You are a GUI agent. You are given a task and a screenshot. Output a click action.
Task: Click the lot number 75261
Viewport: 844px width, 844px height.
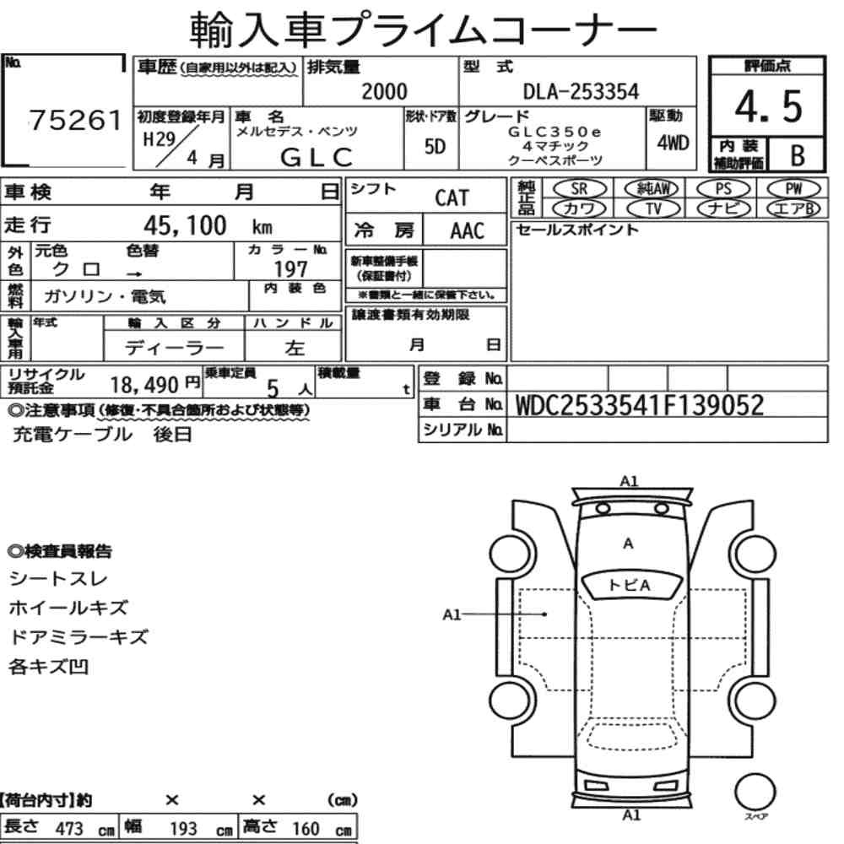(x=75, y=120)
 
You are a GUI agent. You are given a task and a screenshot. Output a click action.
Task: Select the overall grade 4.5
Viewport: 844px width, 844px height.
(x=768, y=106)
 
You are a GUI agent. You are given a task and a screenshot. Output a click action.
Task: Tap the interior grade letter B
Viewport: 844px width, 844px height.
(x=798, y=155)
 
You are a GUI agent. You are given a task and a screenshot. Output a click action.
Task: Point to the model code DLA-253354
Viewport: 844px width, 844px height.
(x=581, y=91)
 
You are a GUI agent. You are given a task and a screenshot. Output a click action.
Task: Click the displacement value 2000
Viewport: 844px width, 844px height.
(x=384, y=91)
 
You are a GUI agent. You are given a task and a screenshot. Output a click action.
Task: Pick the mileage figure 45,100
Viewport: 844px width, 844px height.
(x=185, y=225)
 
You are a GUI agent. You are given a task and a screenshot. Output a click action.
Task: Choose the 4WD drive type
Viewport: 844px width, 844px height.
(x=673, y=143)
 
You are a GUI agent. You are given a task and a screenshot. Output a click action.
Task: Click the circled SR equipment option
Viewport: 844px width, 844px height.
(x=580, y=189)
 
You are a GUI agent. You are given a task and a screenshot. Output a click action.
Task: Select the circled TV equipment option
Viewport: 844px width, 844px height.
(x=653, y=208)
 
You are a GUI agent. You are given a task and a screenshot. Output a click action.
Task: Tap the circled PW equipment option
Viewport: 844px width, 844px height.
(x=794, y=189)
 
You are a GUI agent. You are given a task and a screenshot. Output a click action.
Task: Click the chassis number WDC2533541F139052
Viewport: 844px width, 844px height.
(x=640, y=405)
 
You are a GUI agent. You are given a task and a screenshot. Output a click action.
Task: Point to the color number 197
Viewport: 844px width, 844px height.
(x=290, y=268)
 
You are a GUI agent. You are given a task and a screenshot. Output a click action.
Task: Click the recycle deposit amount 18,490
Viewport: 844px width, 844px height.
(x=144, y=385)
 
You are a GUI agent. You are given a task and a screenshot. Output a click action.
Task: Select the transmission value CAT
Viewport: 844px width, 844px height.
(x=452, y=198)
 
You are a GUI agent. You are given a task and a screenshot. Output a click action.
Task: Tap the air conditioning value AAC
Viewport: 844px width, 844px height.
(x=468, y=231)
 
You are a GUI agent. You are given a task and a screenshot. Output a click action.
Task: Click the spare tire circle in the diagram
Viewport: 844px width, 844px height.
(x=755, y=792)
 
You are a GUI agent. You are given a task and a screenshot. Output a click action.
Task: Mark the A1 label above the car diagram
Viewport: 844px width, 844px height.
(x=629, y=481)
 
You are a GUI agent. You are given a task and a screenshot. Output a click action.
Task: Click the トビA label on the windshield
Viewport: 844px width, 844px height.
(x=629, y=585)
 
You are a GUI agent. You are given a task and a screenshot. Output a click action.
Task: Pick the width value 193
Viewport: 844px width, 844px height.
(x=183, y=829)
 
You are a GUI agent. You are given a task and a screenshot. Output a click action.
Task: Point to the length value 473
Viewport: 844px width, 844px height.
(x=69, y=829)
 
